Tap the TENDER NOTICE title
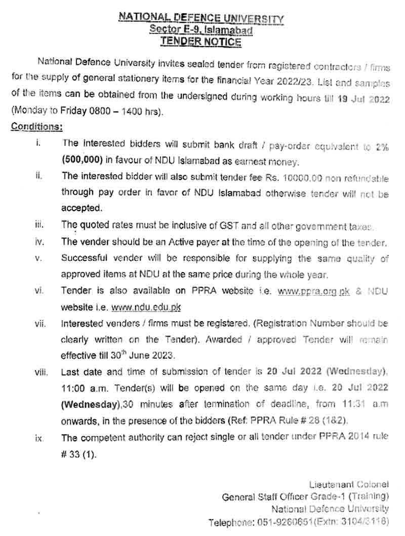[201, 42]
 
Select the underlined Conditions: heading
[37, 127]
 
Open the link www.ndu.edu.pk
[146, 308]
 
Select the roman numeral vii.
[40, 324]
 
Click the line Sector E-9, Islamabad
[201, 30]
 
